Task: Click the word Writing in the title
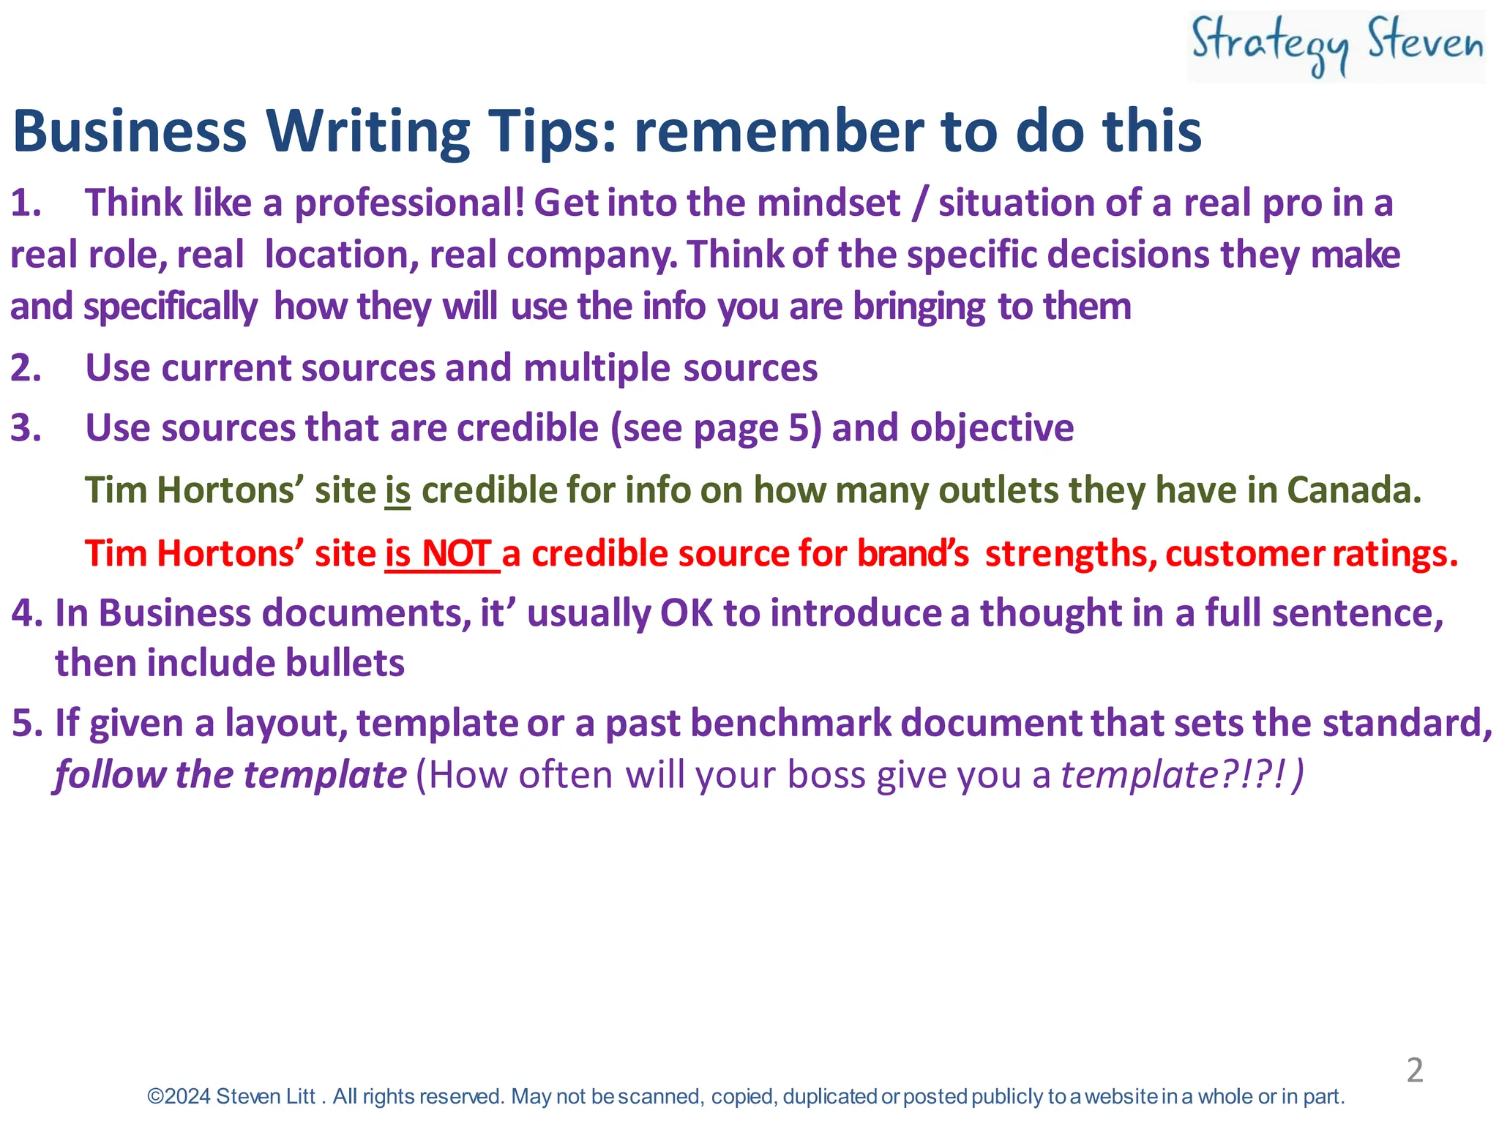pyautogui.click(x=367, y=132)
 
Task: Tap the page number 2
pyautogui.click(x=1415, y=1070)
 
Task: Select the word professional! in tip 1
pyautogui.click(x=410, y=203)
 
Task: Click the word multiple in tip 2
pyautogui.click(x=597, y=368)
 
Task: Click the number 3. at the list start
pyautogui.click(x=26, y=428)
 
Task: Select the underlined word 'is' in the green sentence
pyautogui.click(x=397, y=490)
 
